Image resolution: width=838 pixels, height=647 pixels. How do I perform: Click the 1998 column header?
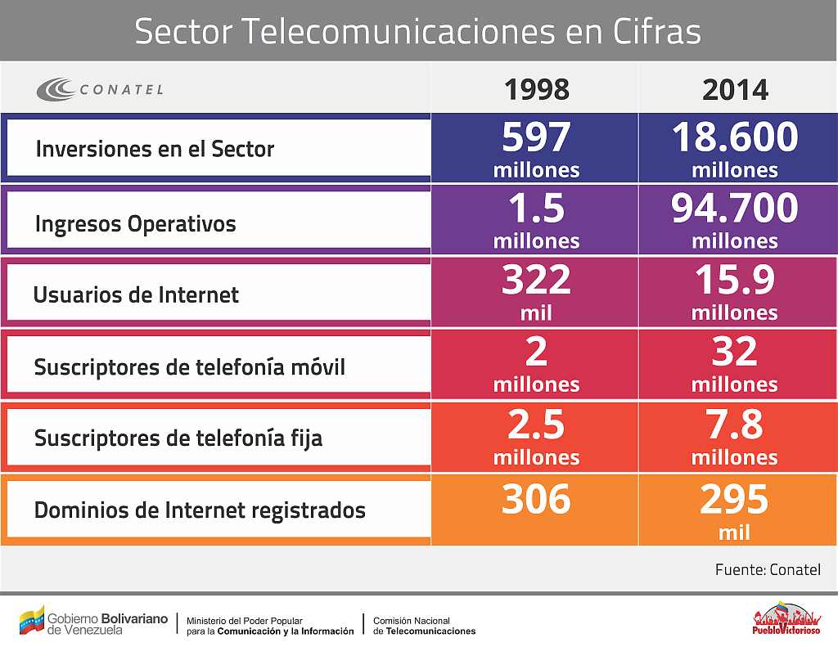coord(536,89)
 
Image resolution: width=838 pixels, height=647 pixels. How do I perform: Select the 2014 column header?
coord(735,89)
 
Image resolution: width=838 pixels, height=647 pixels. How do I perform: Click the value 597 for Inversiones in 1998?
coord(536,137)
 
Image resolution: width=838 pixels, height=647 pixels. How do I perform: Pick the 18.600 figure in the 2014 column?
coord(735,137)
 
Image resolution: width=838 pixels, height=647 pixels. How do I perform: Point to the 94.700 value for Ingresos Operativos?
coord(735,209)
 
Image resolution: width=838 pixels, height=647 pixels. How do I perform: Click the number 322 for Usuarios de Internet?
coord(536,281)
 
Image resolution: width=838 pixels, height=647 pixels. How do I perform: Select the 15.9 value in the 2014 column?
coord(735,281)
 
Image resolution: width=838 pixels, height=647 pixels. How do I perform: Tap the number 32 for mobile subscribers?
coord(735,352)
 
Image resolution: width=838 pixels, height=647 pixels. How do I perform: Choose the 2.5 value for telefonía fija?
coord(536,425)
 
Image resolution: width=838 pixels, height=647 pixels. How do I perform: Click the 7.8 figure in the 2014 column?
coord(735,425)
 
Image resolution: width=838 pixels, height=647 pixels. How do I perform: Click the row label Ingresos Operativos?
coord(136,224)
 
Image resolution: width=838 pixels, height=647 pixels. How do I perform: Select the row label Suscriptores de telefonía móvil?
coord(190,367)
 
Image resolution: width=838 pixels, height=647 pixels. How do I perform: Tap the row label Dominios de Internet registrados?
coord(200,510)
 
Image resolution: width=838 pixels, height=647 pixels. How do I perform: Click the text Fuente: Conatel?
coord(767,569)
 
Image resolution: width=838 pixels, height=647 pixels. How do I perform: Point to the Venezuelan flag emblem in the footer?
coord(32,620)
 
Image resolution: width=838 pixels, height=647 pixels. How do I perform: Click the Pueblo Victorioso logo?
coord(785,618)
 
